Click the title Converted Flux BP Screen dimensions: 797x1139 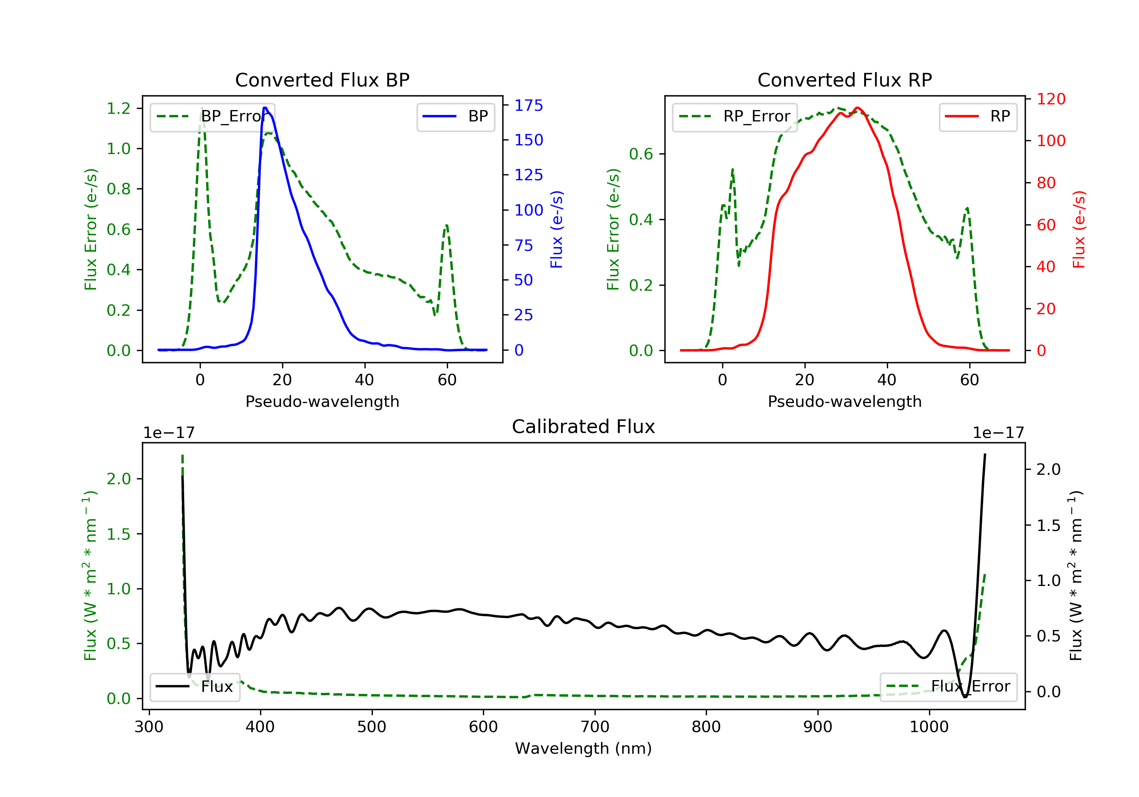click(x=322, y=80)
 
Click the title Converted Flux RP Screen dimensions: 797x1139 click(x=844, y=80)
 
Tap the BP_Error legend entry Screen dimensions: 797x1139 click(x=212, y=117)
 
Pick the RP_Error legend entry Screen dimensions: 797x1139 click(x=735, y=117)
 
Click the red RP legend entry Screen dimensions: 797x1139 click(x=978, y=117)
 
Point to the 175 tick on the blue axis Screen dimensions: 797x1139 click(x=528, y=105)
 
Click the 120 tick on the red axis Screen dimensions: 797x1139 click(x=1051, y=99)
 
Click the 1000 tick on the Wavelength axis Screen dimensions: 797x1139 click(x=929, y=727)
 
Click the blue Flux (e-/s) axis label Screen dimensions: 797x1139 click(x=557, y=229)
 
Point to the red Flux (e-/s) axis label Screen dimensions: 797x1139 click(x=1079, y=229)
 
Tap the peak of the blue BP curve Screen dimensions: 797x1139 click(x=265, y=108)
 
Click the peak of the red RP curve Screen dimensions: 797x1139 click(x=857, y=108)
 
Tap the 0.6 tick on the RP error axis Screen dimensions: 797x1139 click(x=641, y=154)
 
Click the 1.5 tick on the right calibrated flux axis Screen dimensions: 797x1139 click(x=1048, y=526)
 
